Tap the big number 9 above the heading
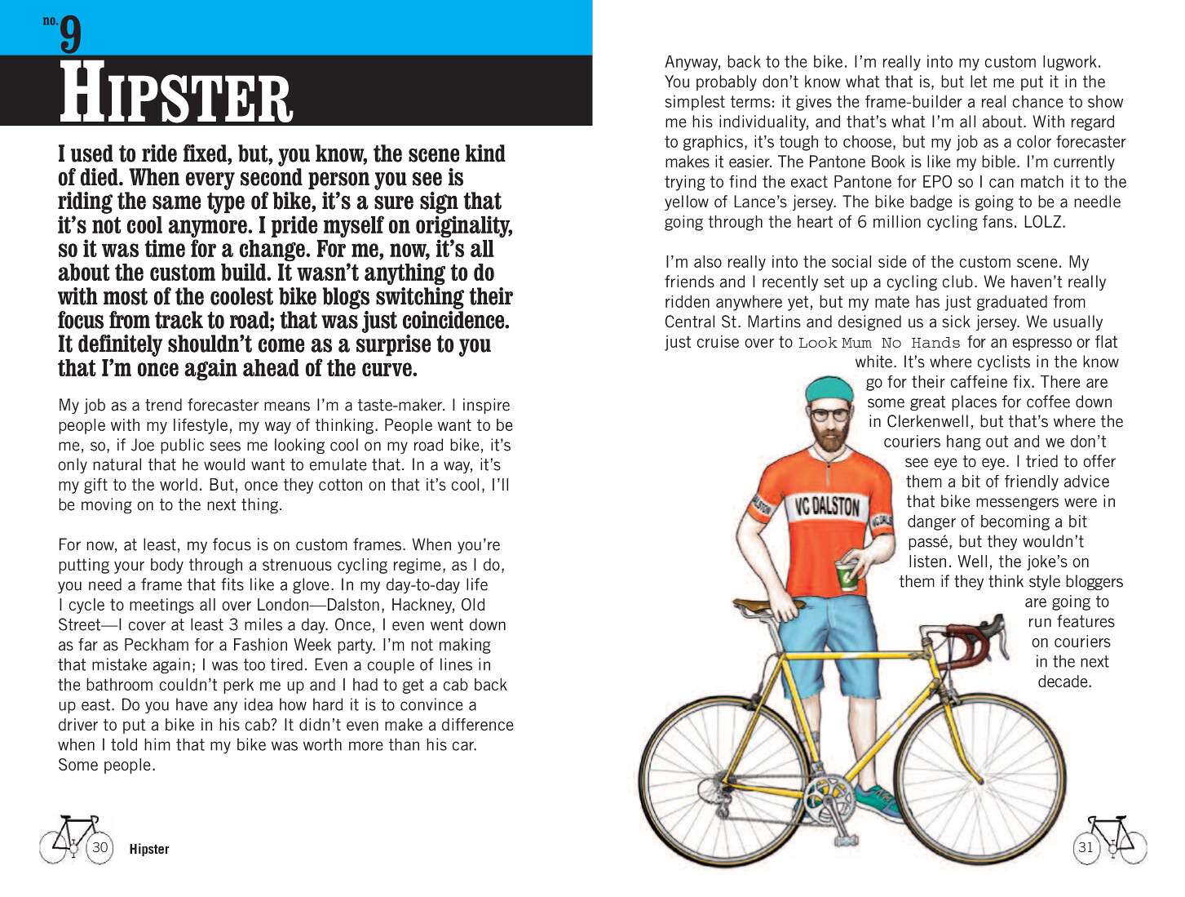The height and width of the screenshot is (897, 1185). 71,34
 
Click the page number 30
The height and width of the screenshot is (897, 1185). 99,847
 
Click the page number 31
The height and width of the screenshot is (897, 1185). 1086,847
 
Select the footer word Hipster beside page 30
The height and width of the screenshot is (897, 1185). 149,850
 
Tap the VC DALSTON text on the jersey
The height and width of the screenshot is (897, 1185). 827,508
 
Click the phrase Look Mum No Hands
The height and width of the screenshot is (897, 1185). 878,343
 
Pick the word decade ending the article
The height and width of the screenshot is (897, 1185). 1064,682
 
